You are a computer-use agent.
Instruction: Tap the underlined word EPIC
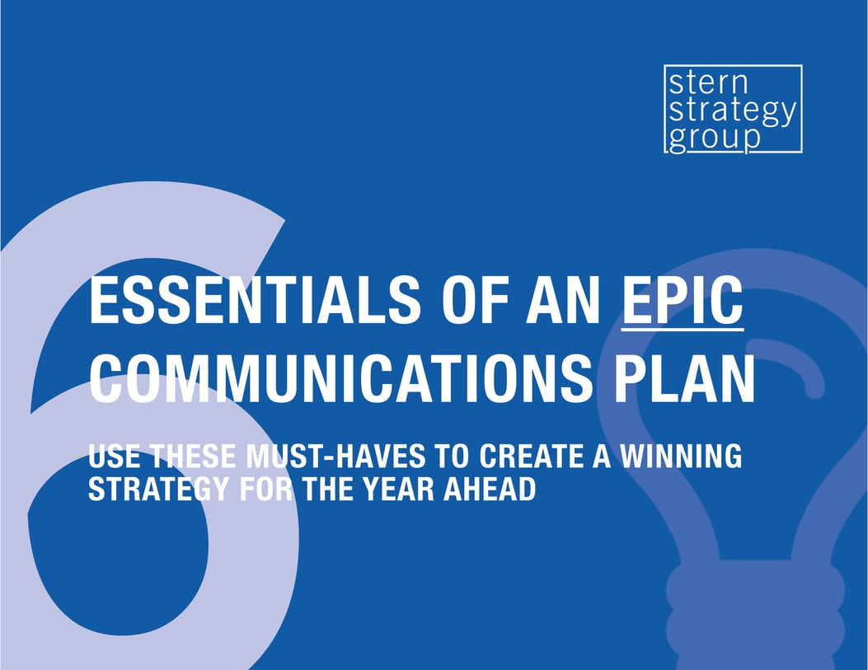coord(683,301)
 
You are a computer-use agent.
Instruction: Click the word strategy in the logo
coord(732,111)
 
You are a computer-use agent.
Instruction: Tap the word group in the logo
coord(714,137)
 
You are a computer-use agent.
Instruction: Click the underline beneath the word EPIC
coord(683,329)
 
